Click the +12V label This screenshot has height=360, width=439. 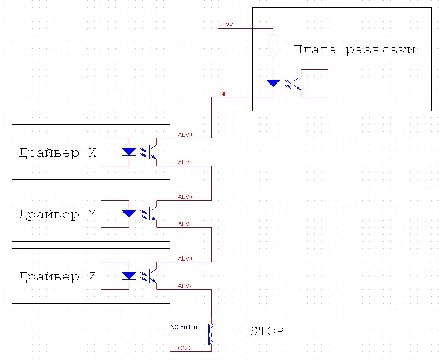226,25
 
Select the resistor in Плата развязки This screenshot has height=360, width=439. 273,45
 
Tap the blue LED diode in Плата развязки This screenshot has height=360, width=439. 273,83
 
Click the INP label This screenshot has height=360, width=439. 223,94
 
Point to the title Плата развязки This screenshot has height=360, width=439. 355,50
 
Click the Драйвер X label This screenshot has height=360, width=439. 58,153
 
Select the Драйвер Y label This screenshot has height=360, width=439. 58,215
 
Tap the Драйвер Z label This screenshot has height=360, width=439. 58,276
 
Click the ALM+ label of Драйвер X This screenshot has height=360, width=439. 186,135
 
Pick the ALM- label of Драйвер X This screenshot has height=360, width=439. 185,163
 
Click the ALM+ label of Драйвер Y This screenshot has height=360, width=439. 186,197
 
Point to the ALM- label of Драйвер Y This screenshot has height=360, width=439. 185,225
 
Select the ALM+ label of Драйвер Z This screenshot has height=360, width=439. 186,259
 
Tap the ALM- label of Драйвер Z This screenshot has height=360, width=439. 185,286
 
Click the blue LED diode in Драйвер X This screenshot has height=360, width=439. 129,152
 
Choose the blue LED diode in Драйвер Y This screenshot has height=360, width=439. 129,214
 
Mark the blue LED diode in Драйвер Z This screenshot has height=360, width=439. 129,275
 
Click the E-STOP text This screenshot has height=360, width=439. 258,331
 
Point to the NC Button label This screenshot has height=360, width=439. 184,327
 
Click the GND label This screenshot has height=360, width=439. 184,348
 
